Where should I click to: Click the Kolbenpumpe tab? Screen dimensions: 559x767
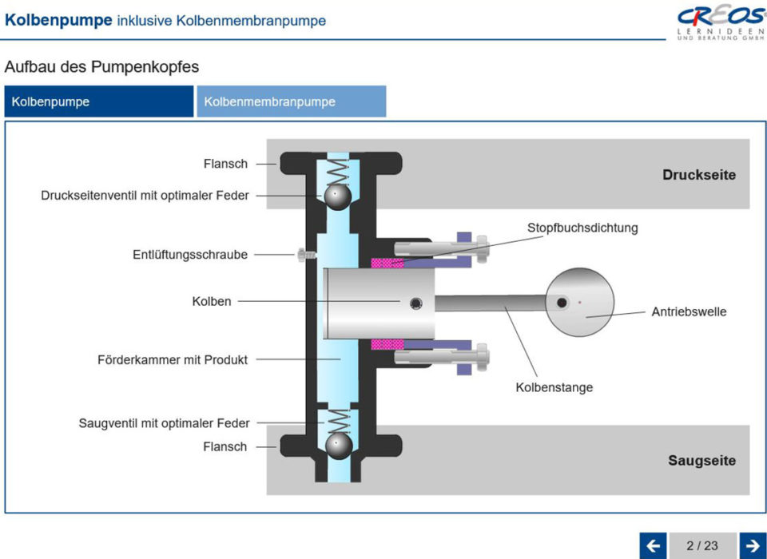click(x=98, y=102)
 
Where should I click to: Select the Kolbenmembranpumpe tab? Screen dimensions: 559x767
click(x=291, y=102)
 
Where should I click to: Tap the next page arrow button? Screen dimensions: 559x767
click(x=753, y=546)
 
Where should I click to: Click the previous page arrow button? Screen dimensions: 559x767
click(x=653, y=546)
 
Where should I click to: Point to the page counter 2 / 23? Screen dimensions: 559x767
click(x=702, y=546)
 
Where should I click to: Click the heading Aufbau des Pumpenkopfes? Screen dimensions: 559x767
click(x=101, y=66)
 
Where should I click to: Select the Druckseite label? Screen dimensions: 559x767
click(x=698, y=175)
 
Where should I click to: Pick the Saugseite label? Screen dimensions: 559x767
click(x=701, y=461)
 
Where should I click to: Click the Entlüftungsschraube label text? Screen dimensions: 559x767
click(x=190, y=255)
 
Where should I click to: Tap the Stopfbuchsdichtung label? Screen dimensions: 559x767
click(x=582, y=228)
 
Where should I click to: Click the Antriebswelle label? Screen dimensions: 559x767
click(x=689, y=311)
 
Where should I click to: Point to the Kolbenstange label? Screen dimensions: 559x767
click(x=554, y=388)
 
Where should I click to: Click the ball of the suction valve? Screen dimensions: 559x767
click(x=337, y=445)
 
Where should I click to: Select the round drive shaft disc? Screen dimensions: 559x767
click(x=580, y=303)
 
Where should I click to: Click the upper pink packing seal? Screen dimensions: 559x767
click(x=387, y=262)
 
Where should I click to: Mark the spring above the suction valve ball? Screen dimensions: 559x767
click(x=339, y=420)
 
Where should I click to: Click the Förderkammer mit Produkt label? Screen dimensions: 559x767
click(x=173, y=360)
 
